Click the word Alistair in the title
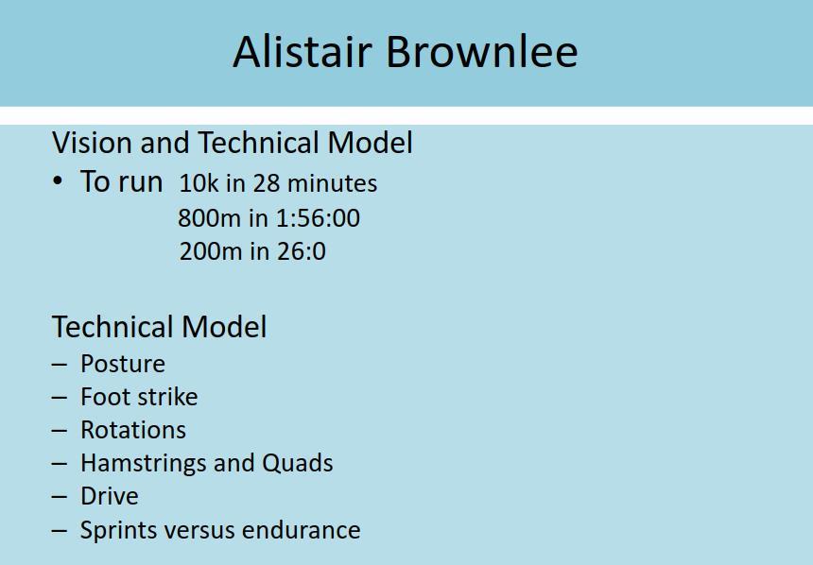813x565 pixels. click(x=303, y=51)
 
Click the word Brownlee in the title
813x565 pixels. click(x=482, y=51)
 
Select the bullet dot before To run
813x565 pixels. click(x=58, y=181)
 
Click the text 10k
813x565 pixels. click(x=199, y=183)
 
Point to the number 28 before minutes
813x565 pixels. click(x=267, y=183)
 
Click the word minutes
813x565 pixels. click(x=332, y=183)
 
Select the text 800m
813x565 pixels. click(x=209, y=217)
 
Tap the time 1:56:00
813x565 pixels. click(x=318, y=217)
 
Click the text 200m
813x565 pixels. click(x=211, y=251)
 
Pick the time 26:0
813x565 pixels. click(x=302, y=251)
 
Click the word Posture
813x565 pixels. click(x=123, y=364)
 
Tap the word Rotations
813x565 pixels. click(x=133, y=430)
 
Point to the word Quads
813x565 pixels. click(x=298, y=463)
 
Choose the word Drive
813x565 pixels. click(x=110, y=497)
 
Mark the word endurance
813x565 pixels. click(x=301, y=530)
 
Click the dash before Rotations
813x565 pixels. click(x=60, y=431)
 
